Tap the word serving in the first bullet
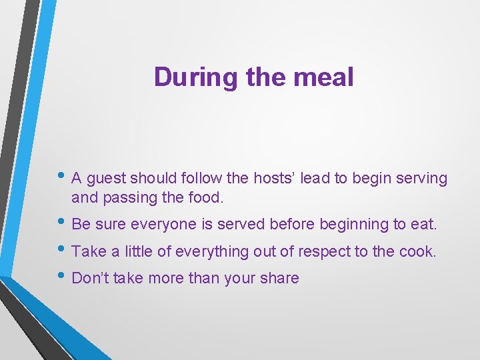pos(422,179)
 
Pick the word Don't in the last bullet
pos(91,278)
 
